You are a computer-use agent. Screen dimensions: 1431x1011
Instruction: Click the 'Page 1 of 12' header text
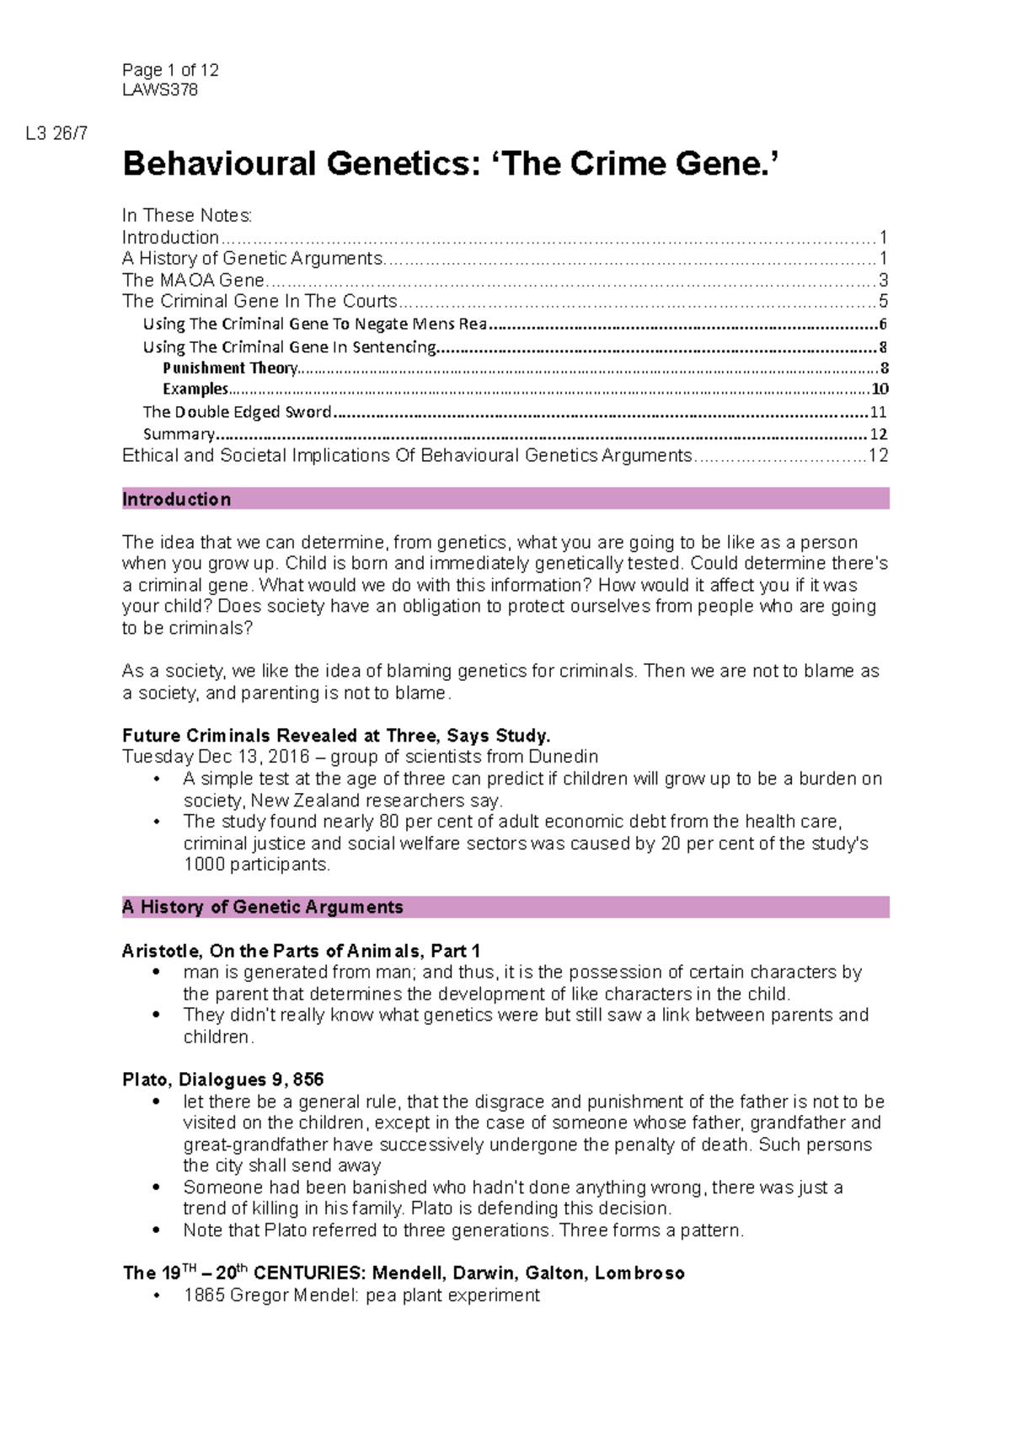click(170, 70)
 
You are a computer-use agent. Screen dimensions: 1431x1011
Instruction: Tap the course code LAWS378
click(160, 90)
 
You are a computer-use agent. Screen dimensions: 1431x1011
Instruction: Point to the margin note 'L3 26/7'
click(56, 133)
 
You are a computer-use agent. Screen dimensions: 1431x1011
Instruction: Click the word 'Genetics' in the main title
click(399, 163)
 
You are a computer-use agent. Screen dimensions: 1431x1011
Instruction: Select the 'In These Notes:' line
click(187, 216)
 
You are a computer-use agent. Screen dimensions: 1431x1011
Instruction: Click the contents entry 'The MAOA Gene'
click(194, 280)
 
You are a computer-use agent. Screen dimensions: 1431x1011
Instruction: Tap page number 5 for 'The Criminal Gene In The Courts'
click(883, 302)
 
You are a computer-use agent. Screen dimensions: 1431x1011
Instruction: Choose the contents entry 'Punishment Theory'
click(230, 368)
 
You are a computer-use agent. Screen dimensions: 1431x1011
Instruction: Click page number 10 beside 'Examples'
click(880, 389)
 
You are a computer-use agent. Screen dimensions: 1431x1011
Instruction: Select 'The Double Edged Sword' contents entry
click(237, 412)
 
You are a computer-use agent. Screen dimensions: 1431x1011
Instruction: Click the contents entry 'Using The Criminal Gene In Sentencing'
click(289, 346)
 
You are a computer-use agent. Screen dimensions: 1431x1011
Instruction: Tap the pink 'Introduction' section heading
click(177, 499)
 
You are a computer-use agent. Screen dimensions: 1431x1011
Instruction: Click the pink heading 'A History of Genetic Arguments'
click(263, 907)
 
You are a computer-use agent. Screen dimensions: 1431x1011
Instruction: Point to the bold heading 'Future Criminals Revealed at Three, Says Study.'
click(336, 735)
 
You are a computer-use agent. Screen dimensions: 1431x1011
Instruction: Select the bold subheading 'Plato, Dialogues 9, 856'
click(223, 1080)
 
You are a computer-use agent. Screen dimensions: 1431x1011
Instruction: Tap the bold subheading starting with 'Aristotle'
click(301, 951)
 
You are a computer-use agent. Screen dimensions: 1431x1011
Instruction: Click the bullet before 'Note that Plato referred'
click(156, 1230)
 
